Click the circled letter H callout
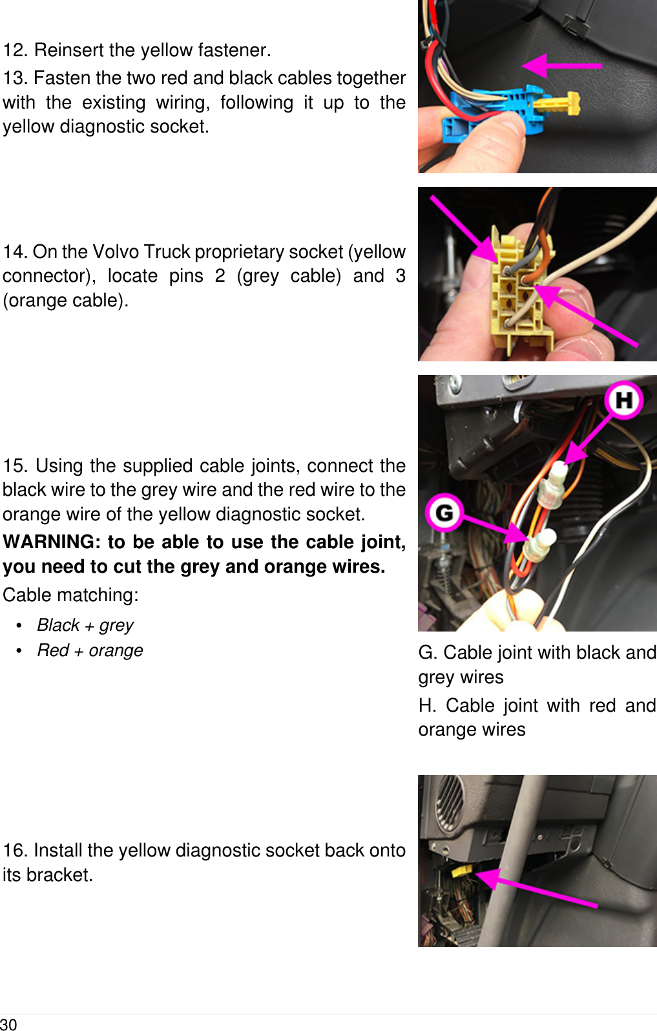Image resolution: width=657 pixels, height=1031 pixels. (623, 400)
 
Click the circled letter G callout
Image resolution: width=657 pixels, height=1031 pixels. (444, 513)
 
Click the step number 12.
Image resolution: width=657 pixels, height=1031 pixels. (14, 50)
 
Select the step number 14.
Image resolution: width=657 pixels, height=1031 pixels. (14, 251)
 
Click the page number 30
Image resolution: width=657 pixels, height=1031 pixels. (9, 1024)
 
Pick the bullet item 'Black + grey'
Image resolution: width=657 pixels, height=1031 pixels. (85, 625)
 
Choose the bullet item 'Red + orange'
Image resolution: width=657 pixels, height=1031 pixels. (90, 650)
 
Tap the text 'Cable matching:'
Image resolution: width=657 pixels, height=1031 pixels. (70, 595)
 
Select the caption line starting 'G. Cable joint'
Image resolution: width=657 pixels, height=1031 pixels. (537, 653)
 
